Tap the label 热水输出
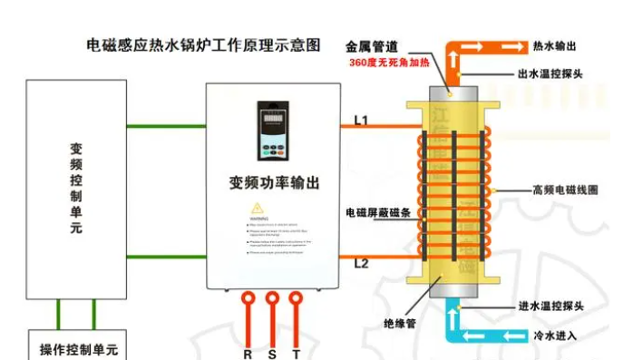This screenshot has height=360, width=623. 554,44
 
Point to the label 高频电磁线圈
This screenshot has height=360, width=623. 565,190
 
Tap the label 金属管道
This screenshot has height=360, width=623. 372,45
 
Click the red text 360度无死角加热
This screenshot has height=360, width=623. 385,64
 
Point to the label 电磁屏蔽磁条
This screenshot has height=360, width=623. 378,212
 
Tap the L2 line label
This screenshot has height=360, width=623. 360,264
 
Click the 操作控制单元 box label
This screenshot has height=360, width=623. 79,349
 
